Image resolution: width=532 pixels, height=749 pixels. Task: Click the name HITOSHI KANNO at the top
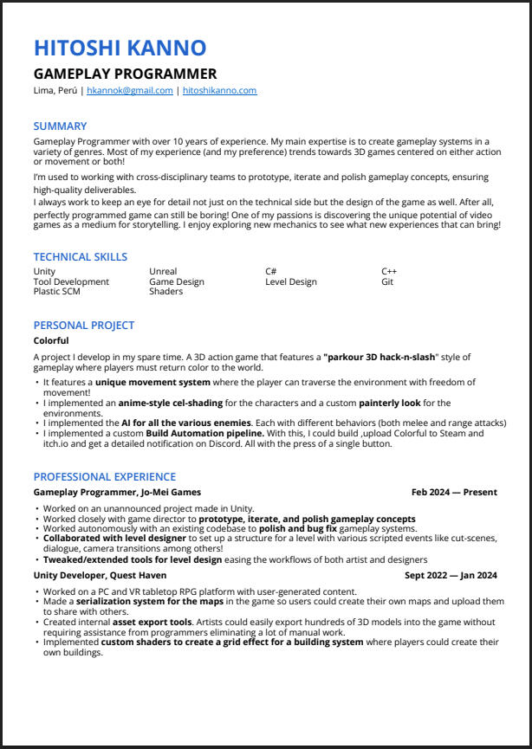coord(120,48)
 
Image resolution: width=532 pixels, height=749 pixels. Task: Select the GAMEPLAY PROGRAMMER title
coord(125,74)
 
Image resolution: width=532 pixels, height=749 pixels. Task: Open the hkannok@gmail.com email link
coord(130,91)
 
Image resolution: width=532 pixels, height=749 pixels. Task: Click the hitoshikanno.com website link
coord(219,91)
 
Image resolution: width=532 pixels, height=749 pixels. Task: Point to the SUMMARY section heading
coord(60,126)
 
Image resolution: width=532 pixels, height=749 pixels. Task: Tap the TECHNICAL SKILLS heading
coord(80,256)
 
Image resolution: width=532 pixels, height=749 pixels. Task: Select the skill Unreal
coord(163,272)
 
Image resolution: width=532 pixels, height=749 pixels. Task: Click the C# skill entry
coord(270,272)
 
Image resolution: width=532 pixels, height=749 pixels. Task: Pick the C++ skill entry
coord(389,272)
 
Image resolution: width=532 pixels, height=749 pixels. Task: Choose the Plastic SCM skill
coord(56,292)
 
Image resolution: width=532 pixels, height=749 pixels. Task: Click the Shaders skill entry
coord(165,292)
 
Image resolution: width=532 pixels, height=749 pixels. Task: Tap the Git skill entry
coord(387,281)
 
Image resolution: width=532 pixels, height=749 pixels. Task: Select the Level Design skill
coord(290,281)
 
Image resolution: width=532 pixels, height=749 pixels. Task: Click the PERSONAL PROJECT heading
coord(83,325)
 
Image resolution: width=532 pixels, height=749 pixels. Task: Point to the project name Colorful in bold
coord(51,340)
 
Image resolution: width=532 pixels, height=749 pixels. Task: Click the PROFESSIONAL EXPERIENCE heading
coord(104,476)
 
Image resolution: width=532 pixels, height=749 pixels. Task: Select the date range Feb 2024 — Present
coord(454,492)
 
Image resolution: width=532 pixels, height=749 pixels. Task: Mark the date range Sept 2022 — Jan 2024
coord(451,574)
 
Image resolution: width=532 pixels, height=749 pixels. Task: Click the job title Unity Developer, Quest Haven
coord(100,574)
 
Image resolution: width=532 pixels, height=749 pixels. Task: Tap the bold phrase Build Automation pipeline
coord(204,433)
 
